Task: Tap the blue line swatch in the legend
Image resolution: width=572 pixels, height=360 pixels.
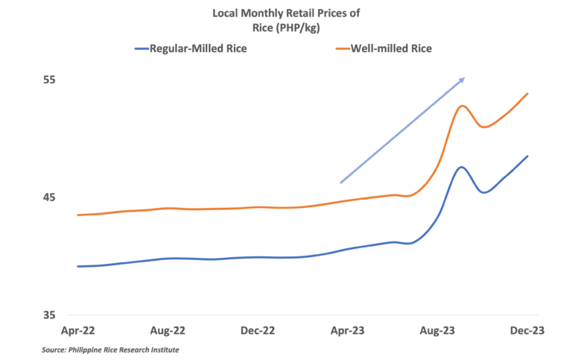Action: pos(142,48)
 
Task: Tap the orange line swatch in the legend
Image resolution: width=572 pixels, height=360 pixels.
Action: pos(343,48)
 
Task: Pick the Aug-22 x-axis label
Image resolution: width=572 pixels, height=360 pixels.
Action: pos(168,329)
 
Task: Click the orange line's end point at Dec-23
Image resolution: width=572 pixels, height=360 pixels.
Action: pos(527,93)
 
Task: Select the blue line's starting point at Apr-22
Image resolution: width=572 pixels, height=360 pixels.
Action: pos(77,266)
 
